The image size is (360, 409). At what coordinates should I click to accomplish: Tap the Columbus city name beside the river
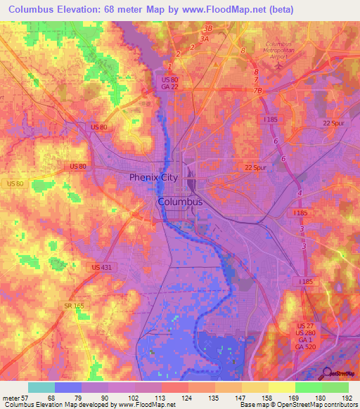pos(180,202)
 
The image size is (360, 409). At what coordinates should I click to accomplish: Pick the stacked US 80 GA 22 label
pos(165,82)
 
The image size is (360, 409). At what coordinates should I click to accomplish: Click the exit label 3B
pos(207,28)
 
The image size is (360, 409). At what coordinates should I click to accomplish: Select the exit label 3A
pos(204,39)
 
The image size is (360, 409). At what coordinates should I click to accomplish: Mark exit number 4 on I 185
pos(300,192)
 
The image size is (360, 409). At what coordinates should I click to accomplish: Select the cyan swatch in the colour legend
pos(41,387)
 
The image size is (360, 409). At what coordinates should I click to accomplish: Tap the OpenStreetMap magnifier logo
pos(327,373)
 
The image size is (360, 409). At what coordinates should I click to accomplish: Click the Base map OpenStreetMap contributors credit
pos(298,404)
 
